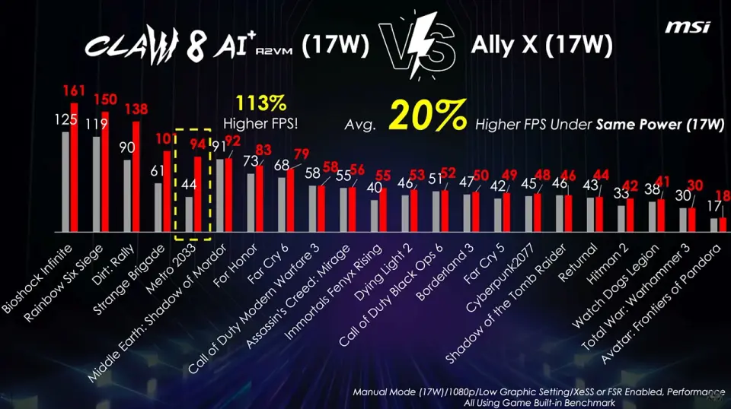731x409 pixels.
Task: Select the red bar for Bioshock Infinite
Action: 74,167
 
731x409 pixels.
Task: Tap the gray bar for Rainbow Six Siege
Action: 96,183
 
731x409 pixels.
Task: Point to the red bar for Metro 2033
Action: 198,194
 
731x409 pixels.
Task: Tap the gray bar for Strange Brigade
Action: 158,207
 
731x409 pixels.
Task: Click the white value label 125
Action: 66,121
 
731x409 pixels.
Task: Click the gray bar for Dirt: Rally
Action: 127,195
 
